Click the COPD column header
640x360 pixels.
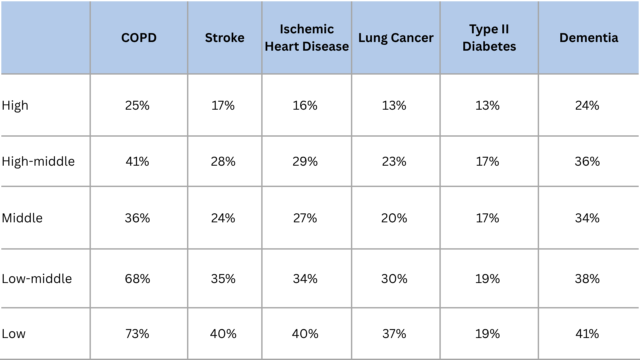click(139, 38)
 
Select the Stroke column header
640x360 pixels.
click(225, 38)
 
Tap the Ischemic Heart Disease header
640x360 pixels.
click(307, 38)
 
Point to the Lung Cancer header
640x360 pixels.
click(396, 38)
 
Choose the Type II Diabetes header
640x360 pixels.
click(489, 38)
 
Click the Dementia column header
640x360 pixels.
click(589, 38)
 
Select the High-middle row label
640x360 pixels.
click(38, 161)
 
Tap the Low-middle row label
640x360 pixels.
click(37, 279)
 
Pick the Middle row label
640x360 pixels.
click(22, 218)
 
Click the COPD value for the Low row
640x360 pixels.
click(137, 334)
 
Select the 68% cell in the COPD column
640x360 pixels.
click(137, 279)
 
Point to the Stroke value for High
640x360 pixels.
click(223, 106)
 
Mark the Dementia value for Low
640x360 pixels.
click(587, 334)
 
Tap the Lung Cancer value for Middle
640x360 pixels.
click(394, 218)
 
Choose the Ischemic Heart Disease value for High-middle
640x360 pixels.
click(305, 162)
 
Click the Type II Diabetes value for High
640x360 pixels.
click(487, 106)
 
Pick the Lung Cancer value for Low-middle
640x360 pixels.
click(394, 279)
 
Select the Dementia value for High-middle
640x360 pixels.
click(587, 162)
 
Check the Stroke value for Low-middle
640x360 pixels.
click(223, 279)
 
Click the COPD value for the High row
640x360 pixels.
click(137, 106)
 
